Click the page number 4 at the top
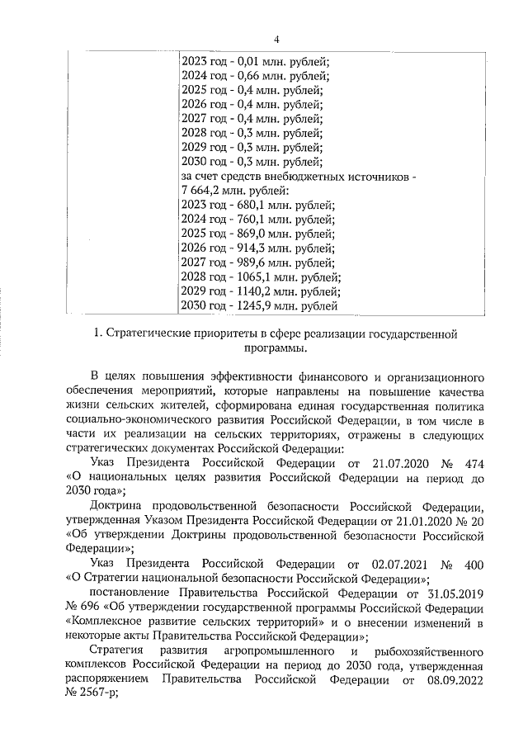point(276,39)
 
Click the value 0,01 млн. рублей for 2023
point(285,61)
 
